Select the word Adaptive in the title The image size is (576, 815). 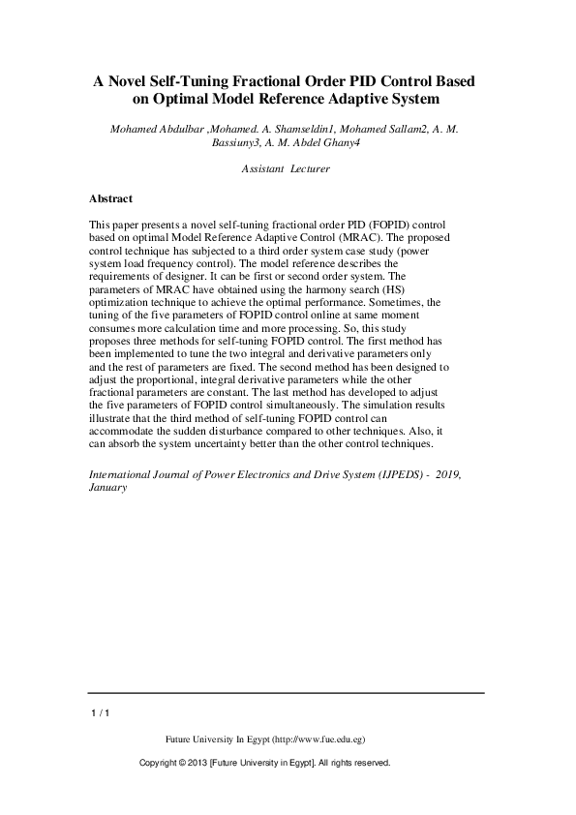[x=365, y=99]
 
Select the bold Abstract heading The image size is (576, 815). [x=110, y=198]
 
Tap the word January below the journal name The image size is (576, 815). [x=107, y=489]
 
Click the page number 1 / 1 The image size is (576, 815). [x=99, y=713]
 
